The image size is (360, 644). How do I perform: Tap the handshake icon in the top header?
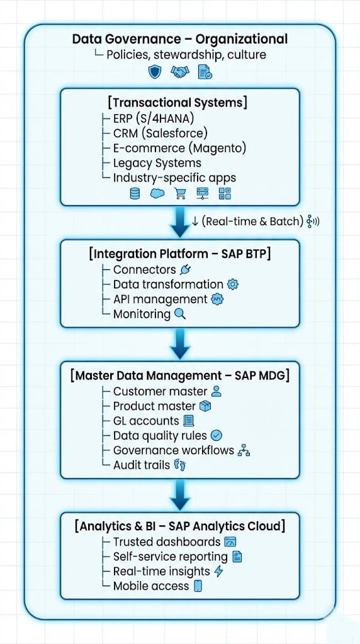pos(179,73)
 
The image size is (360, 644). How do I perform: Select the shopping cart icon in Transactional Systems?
pos(179,193)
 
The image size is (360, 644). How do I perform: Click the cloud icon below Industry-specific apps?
pos(157,193)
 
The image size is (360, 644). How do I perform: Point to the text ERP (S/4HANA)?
pos(154,118)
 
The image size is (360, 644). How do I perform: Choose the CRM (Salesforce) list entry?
pos(160,133)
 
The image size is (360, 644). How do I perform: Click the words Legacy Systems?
pos(157,163)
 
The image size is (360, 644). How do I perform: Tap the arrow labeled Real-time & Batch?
pos(179,222)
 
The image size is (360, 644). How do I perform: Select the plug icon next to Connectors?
pos(186,270)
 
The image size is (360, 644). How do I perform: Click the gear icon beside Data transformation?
pos(233,284)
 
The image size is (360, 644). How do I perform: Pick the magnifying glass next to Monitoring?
pos(180,314)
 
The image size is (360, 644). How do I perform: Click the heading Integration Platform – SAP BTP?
pos(179,253)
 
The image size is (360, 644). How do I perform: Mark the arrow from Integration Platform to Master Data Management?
pos(179,344)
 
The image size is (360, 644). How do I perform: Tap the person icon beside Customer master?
pos(216,391)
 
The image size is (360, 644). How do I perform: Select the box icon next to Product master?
pos(205,406)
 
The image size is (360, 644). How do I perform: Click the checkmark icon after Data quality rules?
pos(216,435)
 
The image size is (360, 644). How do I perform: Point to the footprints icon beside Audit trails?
pos(180,465)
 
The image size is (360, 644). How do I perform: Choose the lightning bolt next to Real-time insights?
pos(219,571)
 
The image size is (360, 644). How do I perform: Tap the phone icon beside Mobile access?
pos(198,586)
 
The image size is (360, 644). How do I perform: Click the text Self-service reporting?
pos(170,557)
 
